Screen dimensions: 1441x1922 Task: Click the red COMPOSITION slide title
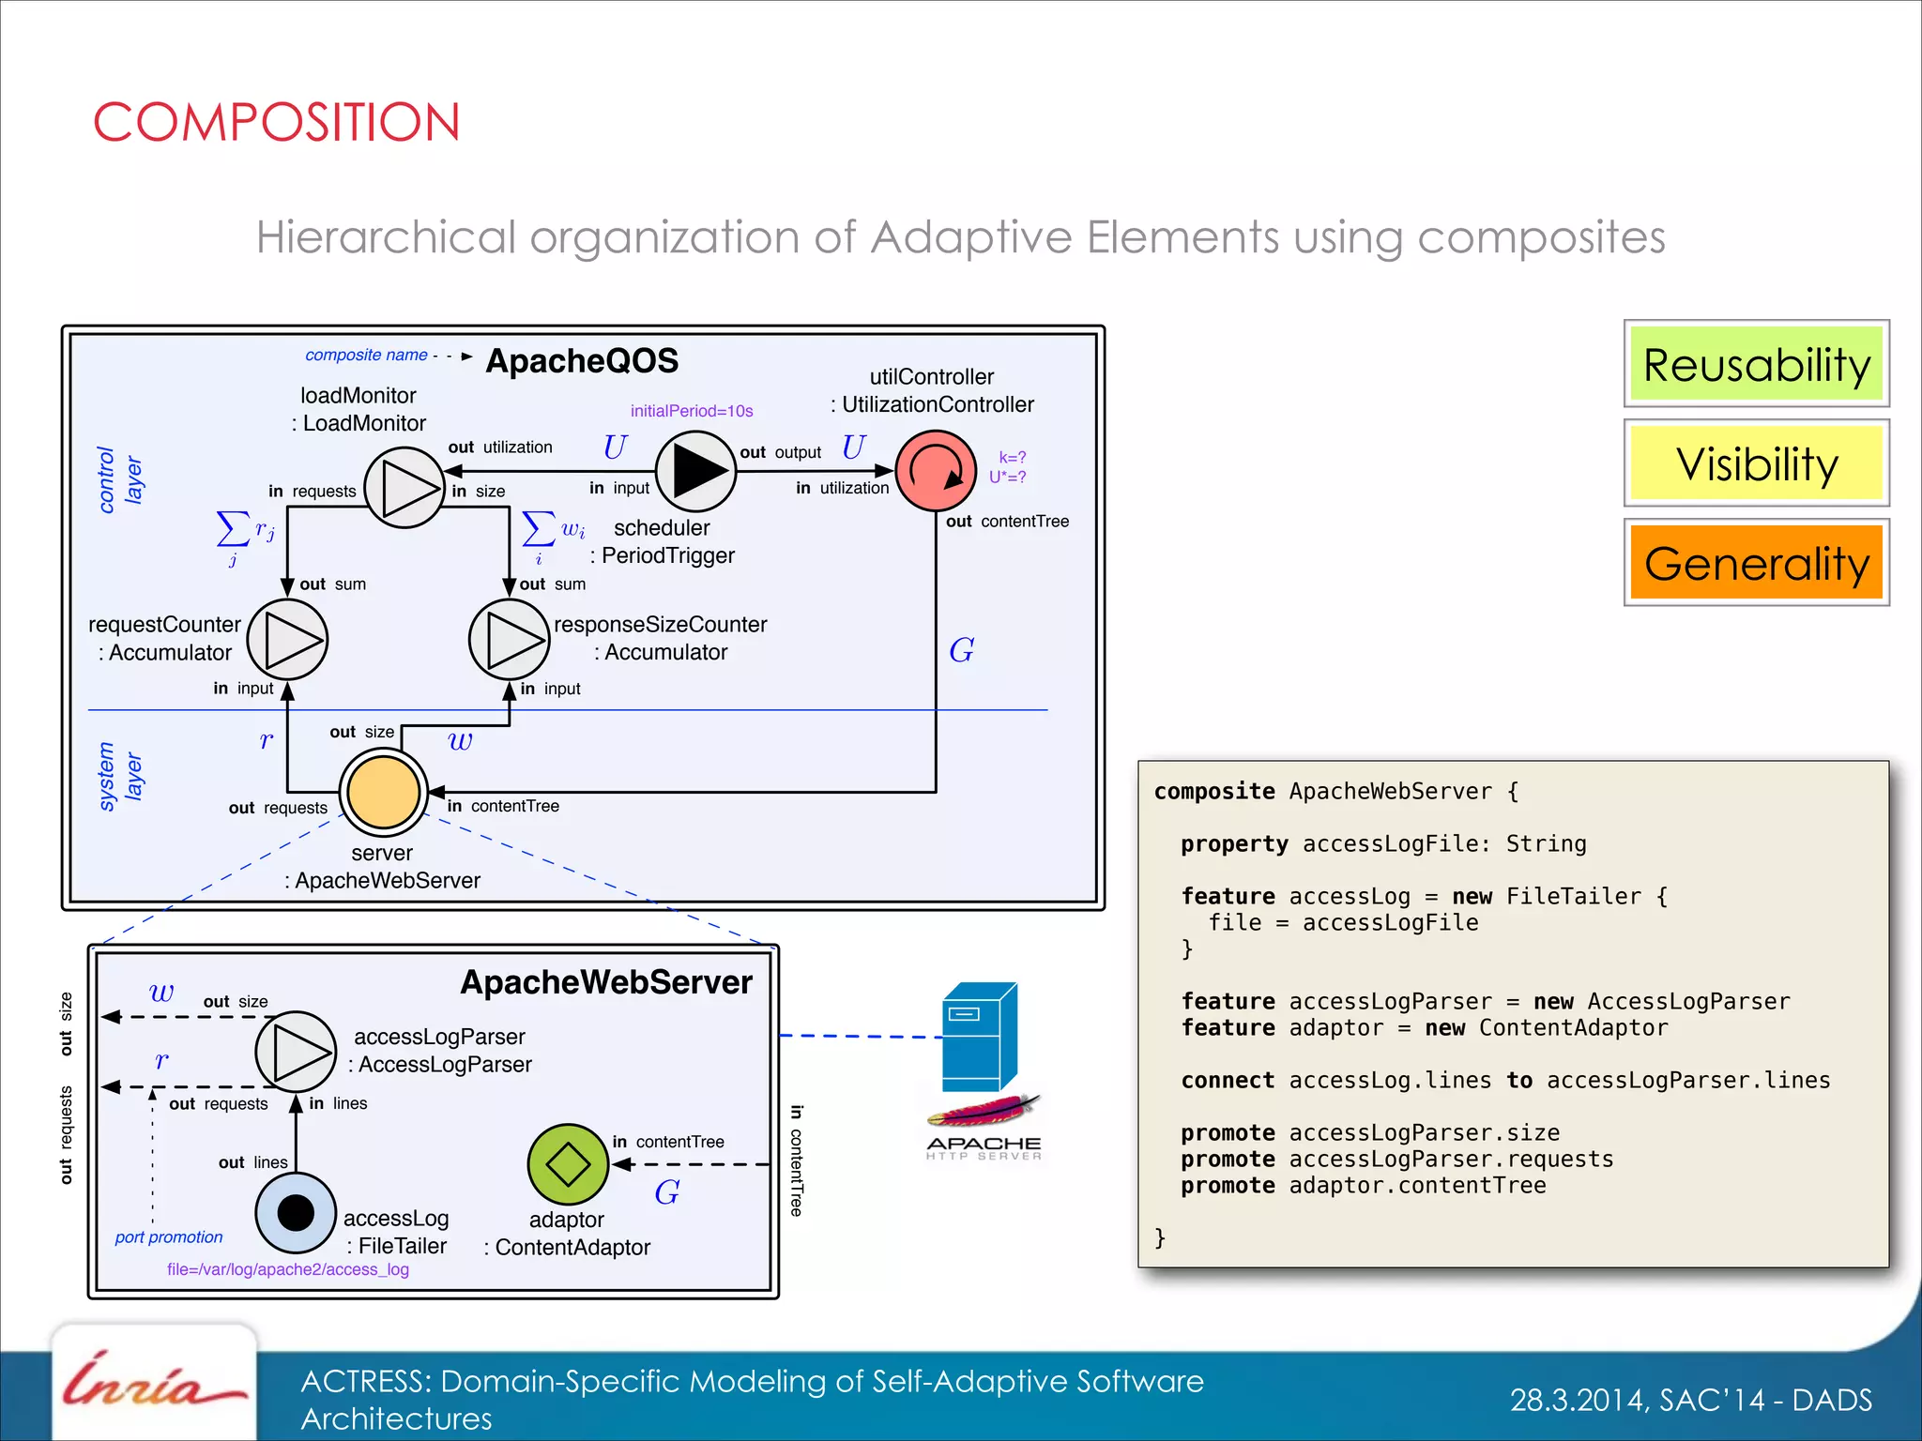tap(277, 123)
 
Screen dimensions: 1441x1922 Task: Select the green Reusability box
tap(1756, 364)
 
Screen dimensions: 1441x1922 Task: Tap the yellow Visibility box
tap(1756, 463)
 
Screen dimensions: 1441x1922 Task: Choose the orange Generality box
tap(1756, 563)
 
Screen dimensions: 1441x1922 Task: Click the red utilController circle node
tap(936, 470)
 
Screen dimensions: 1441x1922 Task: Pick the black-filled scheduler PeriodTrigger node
tap(695, 470)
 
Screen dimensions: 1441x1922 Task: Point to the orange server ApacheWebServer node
tap(383, 792)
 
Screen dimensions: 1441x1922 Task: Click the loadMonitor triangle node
tap(404, 487)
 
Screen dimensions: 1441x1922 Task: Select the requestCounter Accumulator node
tap(287, 640)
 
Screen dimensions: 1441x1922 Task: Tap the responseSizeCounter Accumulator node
tap(509, 640)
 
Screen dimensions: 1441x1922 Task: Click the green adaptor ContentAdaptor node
tap(568, 1164)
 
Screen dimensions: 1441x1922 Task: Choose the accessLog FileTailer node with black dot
tap(296, 1212)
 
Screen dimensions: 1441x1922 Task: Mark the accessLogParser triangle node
tap(296, 1052)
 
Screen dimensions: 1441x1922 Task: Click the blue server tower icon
tap(979, 1037)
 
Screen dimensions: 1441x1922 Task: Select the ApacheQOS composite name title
tap(582, 361)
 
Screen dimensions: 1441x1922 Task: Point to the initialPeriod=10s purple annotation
tap(692, 411)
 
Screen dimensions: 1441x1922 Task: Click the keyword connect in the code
tap(1228, 1081)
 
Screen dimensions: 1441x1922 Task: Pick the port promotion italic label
tap(169, 1237)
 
